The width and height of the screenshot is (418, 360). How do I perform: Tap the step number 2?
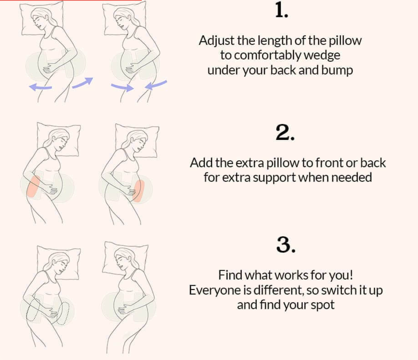coord(285,133)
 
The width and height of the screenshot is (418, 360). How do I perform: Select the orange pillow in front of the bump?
coord(138,191)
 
